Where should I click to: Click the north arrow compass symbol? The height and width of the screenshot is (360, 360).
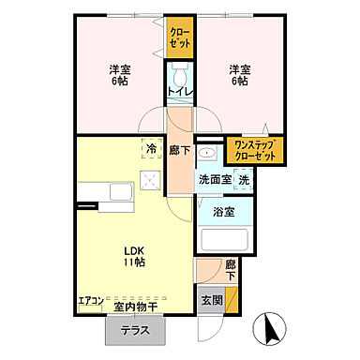coord(271,329)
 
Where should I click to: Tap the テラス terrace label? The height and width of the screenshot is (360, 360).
coord(137,329)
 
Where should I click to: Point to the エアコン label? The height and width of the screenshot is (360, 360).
coord(91,302)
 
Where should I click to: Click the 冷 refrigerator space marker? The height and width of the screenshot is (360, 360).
coord(150,149)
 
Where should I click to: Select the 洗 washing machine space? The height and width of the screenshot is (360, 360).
coord(243,179)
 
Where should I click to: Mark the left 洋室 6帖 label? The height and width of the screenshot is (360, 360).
coord(119,76)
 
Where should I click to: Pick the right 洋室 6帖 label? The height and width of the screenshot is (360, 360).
coord(239,76)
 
